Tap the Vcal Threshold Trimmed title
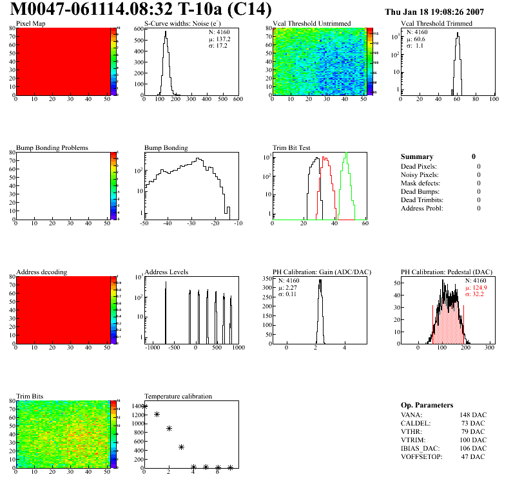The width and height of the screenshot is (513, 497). coord(436,24)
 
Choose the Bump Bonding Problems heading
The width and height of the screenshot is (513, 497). coord(52,148)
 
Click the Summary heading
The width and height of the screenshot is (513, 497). coord(417,156)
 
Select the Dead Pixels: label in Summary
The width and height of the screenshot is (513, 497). coord(419,167)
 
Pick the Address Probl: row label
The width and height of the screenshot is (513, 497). coord(422,209)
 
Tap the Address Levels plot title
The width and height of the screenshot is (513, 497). coord(166,272)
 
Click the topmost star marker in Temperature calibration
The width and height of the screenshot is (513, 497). coord(145,406)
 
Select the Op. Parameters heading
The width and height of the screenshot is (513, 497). coord(427,405)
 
